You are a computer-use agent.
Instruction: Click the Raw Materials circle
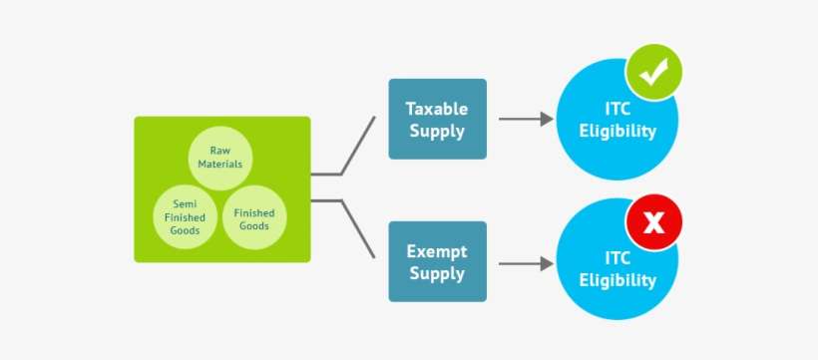[220, 157]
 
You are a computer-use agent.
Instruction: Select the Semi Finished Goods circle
[184, 215]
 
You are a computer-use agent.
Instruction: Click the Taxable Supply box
[437, 119]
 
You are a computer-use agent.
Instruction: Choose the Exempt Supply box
[437, 261]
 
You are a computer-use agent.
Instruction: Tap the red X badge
[652, 221]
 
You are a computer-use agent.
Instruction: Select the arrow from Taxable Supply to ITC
[525, 119]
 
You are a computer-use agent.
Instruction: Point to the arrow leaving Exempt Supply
[525, 263]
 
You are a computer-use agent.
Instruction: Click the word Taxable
[437, 108]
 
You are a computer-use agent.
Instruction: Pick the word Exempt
[437, 250]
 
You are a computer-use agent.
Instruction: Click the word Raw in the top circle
[220, 150]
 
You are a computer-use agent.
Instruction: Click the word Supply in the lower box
[437, 274]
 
